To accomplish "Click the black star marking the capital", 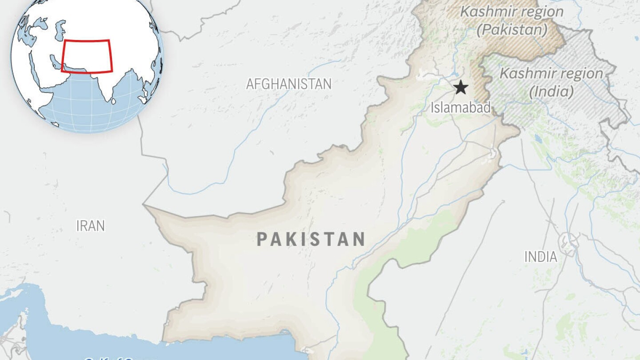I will (461, 88).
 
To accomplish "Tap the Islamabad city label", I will (460, 108).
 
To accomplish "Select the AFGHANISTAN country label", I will (289, 84).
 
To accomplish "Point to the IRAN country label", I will (91, 226).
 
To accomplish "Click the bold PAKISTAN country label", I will (311, 240).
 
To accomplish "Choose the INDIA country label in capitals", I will (540, 257).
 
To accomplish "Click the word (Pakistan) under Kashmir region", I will (512, 30).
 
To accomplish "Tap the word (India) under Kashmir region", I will (551, 92).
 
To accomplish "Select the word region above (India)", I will (584, 74).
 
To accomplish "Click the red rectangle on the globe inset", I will (87, 56).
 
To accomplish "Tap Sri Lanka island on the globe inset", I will (114, 101).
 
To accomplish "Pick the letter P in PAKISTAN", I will (263, 240).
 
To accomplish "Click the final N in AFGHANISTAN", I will (327, 84).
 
